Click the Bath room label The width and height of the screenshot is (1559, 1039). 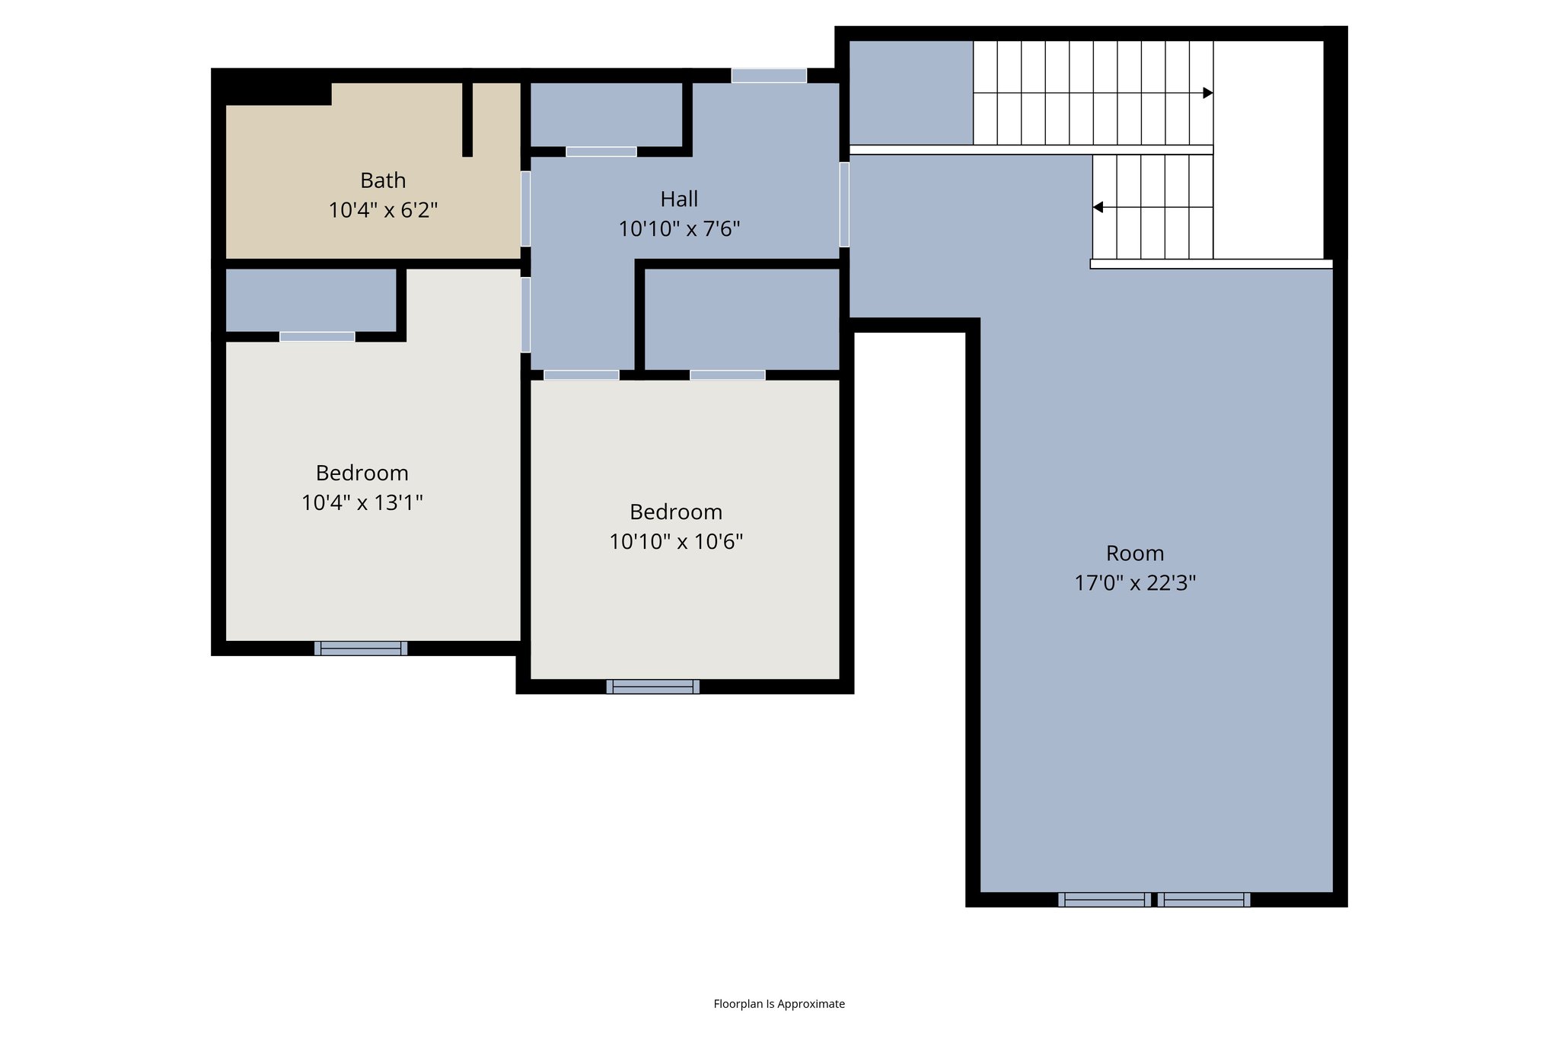[383, 180]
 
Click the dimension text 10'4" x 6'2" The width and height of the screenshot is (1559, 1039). [383, 210]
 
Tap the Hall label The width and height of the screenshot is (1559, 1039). [679, 199]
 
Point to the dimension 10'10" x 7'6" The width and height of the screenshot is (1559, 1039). [679, 228]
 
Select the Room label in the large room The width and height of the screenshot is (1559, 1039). [1135, 553]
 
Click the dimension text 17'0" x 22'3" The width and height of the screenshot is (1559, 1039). [1135, 583]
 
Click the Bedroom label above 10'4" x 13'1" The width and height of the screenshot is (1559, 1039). [362, 473]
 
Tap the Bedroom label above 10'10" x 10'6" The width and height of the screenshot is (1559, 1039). [676, 512]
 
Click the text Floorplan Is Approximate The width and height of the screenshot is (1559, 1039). [779, 1004]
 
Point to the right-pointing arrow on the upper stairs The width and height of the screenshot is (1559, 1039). [1207, 93]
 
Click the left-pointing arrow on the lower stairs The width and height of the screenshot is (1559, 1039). [1098, 207]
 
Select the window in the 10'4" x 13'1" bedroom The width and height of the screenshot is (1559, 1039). [361, 648]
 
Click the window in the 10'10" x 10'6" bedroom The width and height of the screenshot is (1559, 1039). [653, 687]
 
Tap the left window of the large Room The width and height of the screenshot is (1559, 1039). [1104, 900]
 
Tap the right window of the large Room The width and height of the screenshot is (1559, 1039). [1204, 900]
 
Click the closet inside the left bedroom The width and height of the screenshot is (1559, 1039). [311, 300]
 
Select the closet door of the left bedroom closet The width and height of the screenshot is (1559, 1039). [317, 336]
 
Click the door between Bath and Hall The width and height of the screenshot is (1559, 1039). [525, 209]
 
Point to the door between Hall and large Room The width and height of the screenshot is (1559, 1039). [844, 204]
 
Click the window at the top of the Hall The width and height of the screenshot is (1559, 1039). [769, 75]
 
